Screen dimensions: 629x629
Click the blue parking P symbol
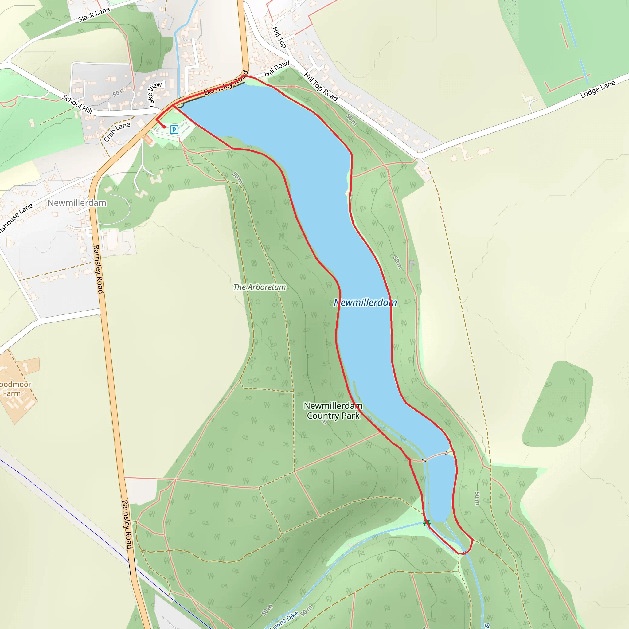point(174,130)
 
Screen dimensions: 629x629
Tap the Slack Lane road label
point(94,15)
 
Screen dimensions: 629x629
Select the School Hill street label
point(77,104)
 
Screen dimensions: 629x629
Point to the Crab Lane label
point(117,131)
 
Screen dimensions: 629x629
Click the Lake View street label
point(155,94)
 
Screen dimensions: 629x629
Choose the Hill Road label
point(276,68)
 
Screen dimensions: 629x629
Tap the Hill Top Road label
point(321,87)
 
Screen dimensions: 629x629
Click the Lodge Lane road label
point(598,89)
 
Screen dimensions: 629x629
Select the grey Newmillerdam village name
point(77,203)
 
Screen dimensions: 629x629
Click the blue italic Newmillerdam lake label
point(365,303)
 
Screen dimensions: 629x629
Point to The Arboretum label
point(260,287)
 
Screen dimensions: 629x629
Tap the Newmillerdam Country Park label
point(333,411)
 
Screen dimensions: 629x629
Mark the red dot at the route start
point(164,127)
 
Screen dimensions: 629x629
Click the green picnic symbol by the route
point(427,522)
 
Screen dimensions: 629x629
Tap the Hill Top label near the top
point(279,37)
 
